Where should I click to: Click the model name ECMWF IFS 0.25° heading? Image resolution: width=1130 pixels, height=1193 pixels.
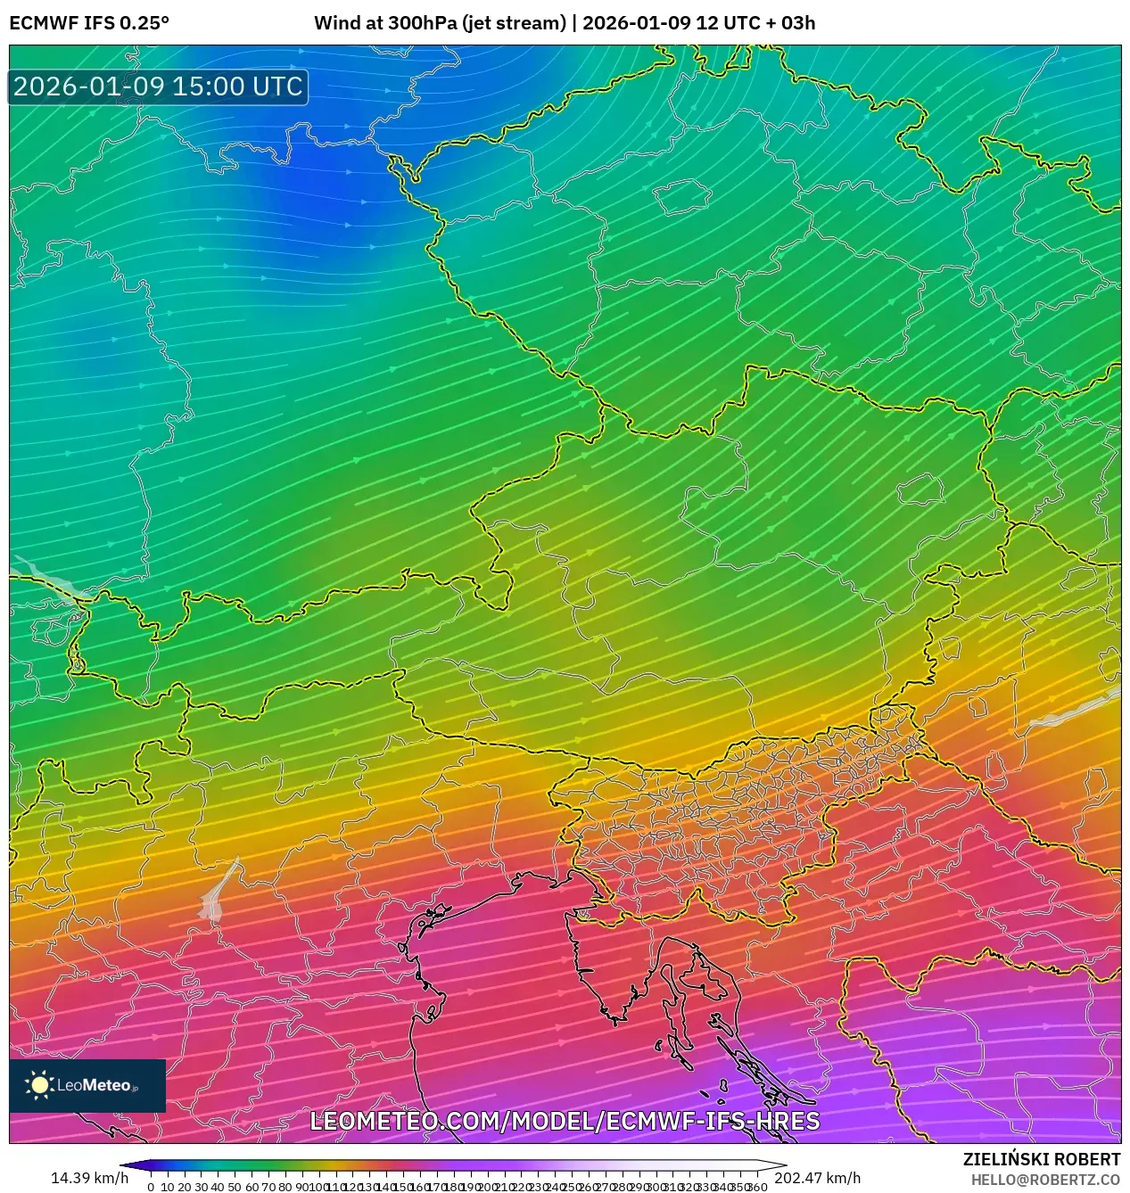89,23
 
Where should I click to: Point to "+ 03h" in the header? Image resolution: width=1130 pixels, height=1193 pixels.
786,23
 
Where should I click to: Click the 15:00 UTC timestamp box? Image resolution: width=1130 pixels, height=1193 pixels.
159,86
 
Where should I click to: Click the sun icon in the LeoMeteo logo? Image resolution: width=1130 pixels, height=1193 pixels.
39,1085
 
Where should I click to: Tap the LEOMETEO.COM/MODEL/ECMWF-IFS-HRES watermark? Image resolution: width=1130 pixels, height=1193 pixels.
565,1121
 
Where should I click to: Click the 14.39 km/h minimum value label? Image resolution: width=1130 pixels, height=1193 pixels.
89,1178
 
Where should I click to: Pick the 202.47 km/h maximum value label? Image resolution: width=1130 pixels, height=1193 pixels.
817,1178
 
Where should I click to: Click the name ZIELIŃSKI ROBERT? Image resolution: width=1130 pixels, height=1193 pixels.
1041,1159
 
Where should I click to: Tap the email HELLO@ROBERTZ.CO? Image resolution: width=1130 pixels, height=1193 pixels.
1045,1180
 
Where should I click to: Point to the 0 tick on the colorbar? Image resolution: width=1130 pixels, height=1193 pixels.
151,1187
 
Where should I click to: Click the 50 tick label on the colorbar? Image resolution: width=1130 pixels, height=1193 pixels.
235,1187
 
